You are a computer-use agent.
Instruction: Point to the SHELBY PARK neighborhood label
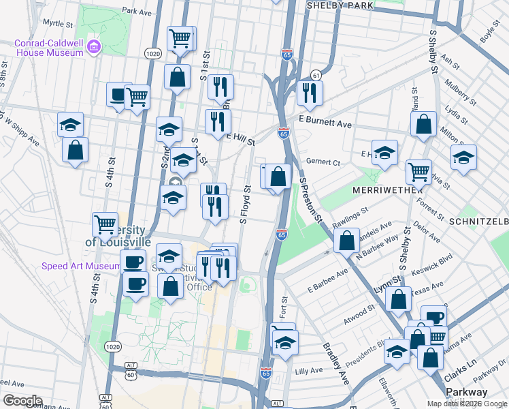coord(340,5)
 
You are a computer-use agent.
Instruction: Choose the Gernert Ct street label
coord(323,163)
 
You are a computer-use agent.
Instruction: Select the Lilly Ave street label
coord(309,370)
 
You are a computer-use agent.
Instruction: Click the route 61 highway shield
coord(316,74)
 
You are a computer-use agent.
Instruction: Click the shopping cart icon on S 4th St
coord(105,223)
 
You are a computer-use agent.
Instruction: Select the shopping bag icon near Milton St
coord(423,124)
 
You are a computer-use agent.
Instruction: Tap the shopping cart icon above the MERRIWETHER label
coord(418,170)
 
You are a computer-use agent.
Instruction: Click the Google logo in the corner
coord(23,400)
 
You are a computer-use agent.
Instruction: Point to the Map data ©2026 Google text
coord(467,404)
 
